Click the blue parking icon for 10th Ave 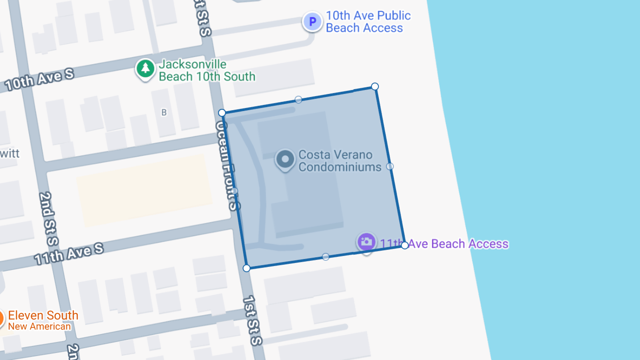click(312, 22)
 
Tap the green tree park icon click(145, 68)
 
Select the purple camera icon click(366, 242)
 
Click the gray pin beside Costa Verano click(285, 159)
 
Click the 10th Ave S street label click(39, 80)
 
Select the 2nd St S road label click(48, 218)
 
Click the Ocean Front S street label click(225, 165)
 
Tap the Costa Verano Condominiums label click(339, 161)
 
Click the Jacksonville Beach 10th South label click(207, 70)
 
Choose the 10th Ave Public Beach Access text click(368, 22)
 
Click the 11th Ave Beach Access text click(444, 244)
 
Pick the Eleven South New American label click(43, 320)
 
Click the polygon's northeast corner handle click(375, 86)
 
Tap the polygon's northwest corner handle click(222, 113)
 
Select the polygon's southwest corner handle click(246, 268)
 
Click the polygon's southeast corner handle click(405, 245)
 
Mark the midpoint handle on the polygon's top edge click(298, 99)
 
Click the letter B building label click(163, 112)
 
